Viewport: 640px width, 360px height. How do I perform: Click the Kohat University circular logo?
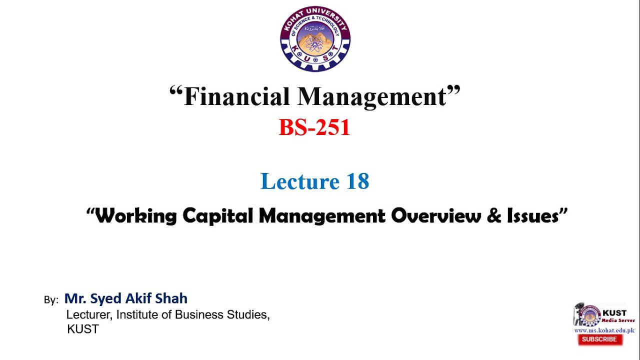315,39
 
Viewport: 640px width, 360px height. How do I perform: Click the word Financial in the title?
236,96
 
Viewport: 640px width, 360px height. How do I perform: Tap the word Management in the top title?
373,96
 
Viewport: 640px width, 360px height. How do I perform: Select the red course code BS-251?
314,127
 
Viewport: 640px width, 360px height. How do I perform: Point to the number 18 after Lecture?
357,181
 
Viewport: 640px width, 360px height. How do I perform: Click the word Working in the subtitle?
136,216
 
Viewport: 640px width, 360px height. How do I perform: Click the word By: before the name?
51,300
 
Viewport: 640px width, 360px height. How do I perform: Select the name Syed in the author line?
105,299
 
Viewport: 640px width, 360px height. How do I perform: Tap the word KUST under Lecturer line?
83,329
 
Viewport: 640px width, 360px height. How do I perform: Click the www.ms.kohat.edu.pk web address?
604,330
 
